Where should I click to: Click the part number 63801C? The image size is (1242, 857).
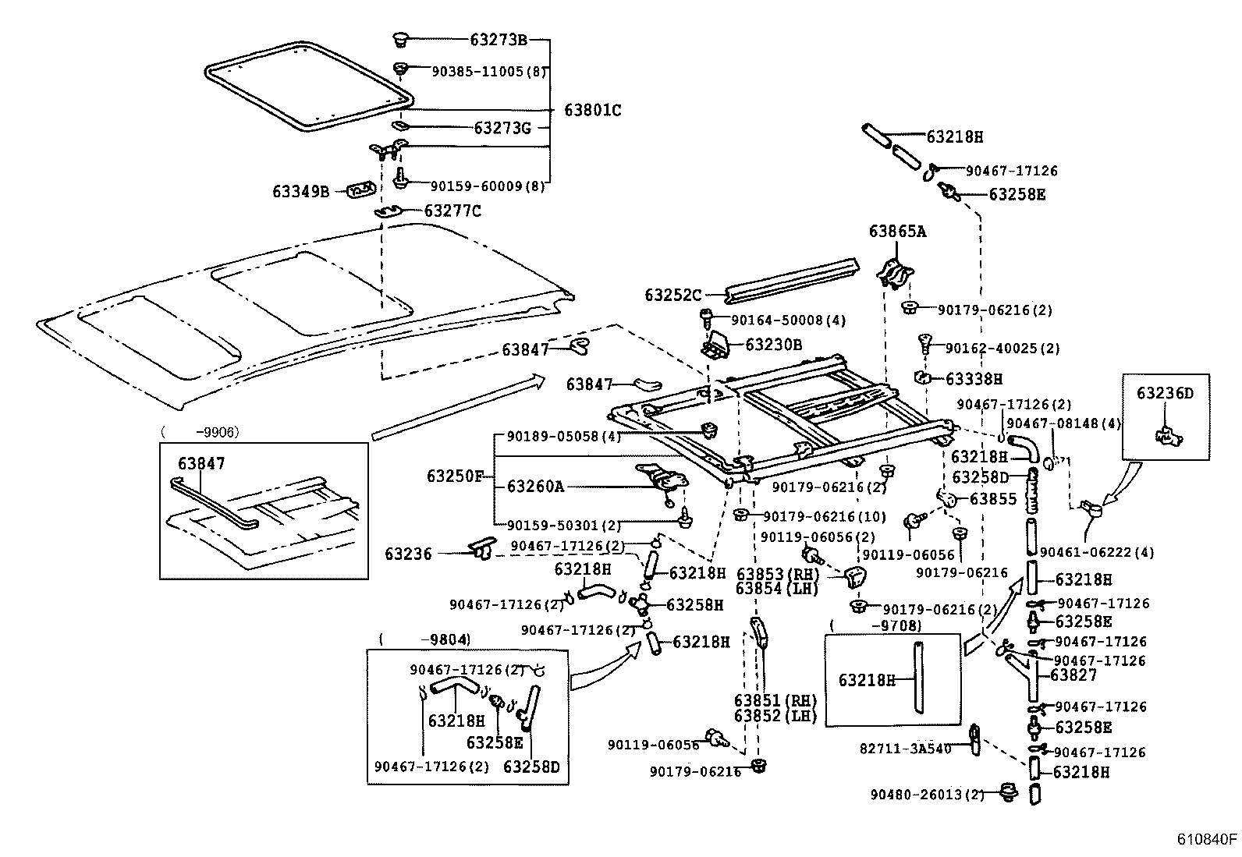point(592,110)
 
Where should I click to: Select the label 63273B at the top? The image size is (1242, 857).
point(499,40)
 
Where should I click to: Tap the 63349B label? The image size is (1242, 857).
point(300,191)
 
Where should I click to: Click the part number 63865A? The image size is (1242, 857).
point(897,232)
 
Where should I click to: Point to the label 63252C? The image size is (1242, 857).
point(673,296)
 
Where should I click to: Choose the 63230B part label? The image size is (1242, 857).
point(774,344)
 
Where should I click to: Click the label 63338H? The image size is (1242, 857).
point(974,379)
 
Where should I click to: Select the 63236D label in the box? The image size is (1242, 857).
point(1165,393)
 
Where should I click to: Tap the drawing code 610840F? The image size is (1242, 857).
point(1207,840)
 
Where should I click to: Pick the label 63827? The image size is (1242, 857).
point(1073,675)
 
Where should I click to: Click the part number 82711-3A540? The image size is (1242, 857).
point(905,748)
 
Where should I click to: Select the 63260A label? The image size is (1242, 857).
point(534,487)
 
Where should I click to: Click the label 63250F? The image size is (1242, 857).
point(455,476)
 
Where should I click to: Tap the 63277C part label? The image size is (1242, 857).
point(452,211)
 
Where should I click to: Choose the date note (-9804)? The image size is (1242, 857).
point(424,639)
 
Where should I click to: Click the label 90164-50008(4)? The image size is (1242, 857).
point(777,320)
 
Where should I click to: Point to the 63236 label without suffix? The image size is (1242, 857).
point(407,554)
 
